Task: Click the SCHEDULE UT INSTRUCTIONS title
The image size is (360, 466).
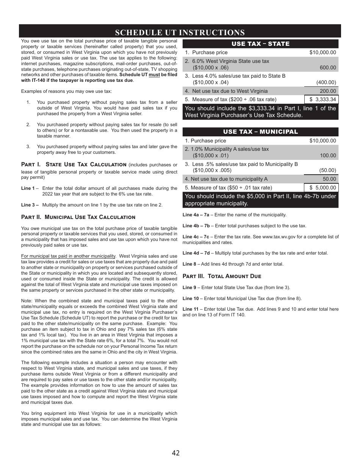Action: click(180, 32)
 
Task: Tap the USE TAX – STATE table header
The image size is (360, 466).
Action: click(260, 44)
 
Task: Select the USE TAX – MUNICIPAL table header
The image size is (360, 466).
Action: click(260, 132)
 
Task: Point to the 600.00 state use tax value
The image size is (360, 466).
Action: click(328, 68)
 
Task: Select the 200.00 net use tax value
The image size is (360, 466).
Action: click(328, 91)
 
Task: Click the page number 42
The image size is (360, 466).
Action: click(175, 453)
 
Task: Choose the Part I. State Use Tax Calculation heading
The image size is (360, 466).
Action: click(74, 164)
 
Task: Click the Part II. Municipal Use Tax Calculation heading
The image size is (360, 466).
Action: click(78, 217)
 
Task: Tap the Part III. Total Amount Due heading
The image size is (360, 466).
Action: click(222, 276)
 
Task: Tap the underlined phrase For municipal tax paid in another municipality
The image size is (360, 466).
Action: click(68, 256)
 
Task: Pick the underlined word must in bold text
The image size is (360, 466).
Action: click(154, 75)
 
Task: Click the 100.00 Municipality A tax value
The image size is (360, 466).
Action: click(328, 156)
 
